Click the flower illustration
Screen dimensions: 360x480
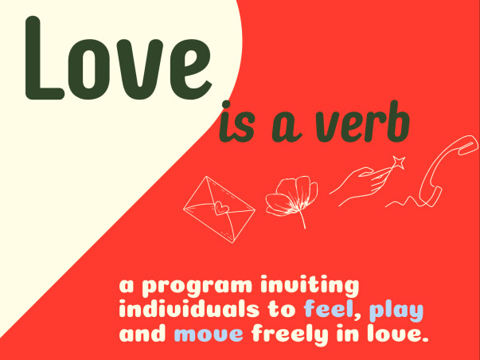(289, 195)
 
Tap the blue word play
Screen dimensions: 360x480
(393, 310)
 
